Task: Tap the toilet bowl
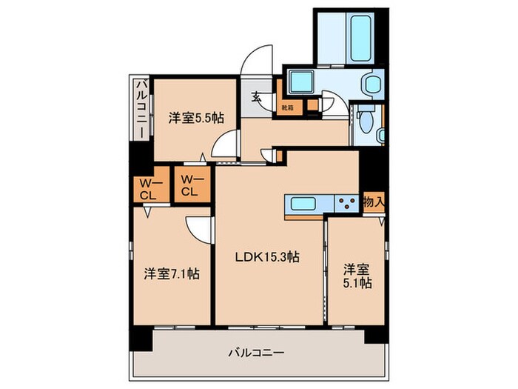pos(365,124)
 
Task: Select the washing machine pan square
pos(302,84)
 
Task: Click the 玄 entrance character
pos(256,96)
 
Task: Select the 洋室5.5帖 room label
pos(196,117)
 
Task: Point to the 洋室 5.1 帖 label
pos(357,275)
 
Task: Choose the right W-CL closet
pos(190,184)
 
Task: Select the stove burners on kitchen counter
pos(345,203)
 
